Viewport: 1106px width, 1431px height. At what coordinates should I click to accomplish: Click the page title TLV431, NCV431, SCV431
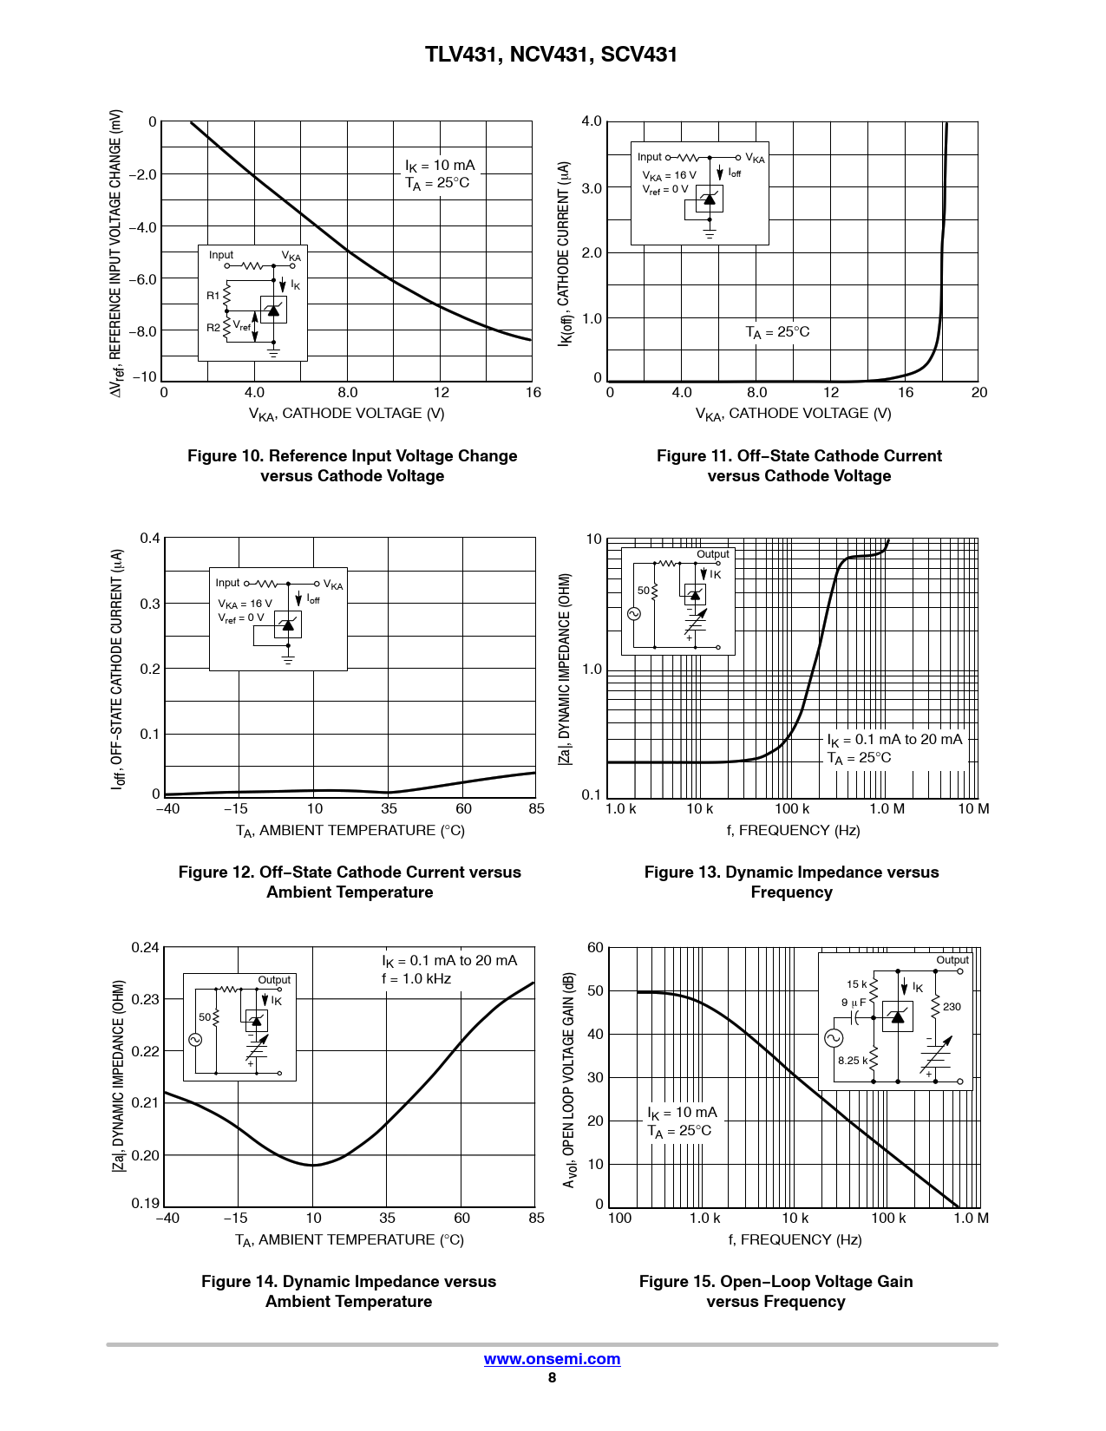pos(552,55)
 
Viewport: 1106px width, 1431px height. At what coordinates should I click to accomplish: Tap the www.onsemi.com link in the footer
pos(552,1359)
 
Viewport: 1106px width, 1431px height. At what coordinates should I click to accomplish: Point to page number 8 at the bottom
pos(552,1378)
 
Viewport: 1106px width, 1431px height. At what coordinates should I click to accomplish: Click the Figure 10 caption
pos(352,466)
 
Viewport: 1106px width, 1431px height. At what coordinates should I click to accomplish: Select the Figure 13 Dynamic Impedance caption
pos(791,882)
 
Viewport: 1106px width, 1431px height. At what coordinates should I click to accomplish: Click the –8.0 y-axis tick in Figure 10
pos(144,331)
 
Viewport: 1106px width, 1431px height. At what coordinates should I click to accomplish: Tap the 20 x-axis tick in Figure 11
pos(979,393)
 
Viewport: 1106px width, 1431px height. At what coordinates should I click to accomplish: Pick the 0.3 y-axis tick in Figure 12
pos(150,604)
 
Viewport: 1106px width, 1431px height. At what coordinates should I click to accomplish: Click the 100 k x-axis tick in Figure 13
pos(791,809)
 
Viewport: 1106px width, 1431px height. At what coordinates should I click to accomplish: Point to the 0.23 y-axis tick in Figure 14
pos(146,999)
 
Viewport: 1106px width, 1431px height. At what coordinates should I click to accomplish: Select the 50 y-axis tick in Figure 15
pos(595,990)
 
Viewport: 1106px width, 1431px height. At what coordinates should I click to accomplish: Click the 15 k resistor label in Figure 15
pos(857,984)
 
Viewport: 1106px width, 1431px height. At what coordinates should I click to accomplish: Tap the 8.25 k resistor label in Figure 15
pos(853,1061)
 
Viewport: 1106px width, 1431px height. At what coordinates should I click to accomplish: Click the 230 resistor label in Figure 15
pos(952,1007)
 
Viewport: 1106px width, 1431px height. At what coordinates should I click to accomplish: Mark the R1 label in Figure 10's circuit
pos(213,296)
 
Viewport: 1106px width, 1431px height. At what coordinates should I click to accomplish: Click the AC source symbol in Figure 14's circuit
pos(196,1039)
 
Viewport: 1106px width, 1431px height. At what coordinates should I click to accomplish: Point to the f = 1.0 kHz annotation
pos(416,979)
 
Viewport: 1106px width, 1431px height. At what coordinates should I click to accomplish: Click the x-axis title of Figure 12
pos(350,831)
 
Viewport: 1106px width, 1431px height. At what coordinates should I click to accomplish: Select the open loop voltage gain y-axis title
pos(569,1080)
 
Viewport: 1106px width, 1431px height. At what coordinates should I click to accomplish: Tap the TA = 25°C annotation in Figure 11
pos(777,332)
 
